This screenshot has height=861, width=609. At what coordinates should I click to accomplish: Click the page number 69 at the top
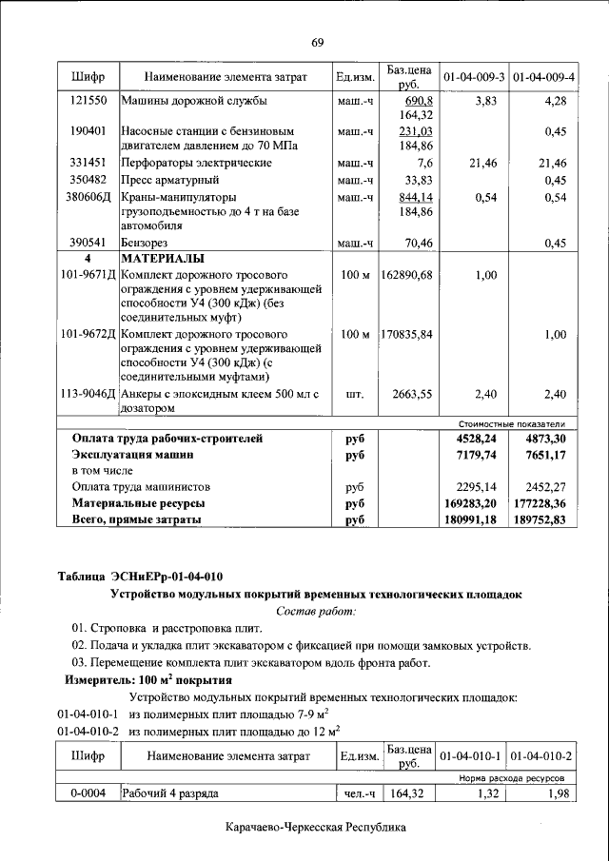[x=317, y=43]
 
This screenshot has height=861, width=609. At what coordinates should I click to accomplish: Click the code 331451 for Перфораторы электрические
[x=88, y=164]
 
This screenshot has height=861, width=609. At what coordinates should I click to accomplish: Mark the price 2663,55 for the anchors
[x=412, y=394]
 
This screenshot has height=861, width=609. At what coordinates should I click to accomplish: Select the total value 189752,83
[x=539, y=519]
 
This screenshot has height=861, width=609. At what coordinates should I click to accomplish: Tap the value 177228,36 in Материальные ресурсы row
[x=539, y=502]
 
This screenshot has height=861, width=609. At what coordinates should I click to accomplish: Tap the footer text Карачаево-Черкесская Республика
[x=316, y=828]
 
